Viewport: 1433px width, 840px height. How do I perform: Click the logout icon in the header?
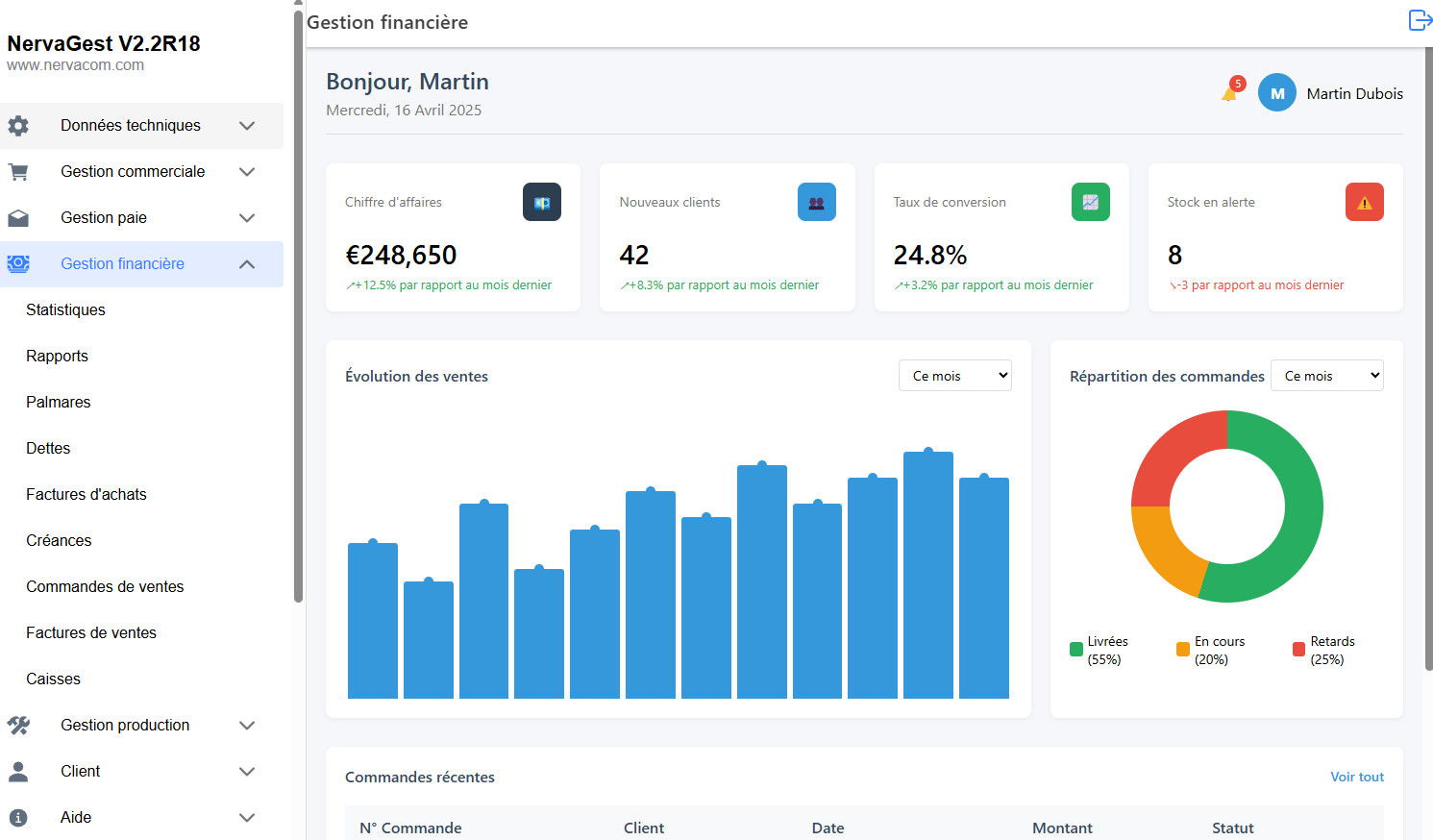pyautogui.click(x=1420, y=20)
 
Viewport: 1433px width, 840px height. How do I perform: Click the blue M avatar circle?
pyautogui.click(x=1276, y=93)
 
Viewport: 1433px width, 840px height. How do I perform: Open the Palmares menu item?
pyautogui.click(x=59, y=402)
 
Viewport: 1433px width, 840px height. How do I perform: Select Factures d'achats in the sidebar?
pyautogui.click(x=86, y=494)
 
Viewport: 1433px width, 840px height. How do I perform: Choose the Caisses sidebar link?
pyautogui.click(x=54, y=679)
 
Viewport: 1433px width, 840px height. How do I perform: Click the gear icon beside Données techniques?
pyautogui.click(x=18, y=126)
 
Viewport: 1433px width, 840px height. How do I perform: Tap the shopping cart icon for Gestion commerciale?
pyautogui.click(x=18, y=172)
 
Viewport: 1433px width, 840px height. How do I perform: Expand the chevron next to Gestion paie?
pyautogui.click(x=247, y=218)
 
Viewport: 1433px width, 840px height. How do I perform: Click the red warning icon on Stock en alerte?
pyautogui.click(x=1364, y=202)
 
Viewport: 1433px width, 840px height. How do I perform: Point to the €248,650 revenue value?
pyautogui.click(x=401, y=255)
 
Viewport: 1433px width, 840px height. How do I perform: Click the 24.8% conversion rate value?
pyautogui.click(x=929, y=255)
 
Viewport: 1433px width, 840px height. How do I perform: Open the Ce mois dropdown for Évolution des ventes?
pyautogui.click(x=954, y=376)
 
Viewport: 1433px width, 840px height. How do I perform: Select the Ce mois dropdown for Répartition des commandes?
pyautogui.click(x=1326, y=376)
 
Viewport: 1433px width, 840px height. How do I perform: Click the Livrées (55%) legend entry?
pyautogui.click(x=1099, y=651)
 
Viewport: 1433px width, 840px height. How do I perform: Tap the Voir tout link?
pyautogui.click(x=1356, y=777)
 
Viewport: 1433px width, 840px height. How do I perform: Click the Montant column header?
pyautogui.click(x=1062, y=828)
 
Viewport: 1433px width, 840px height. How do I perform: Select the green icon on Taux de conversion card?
pyautogui.click(x=1090, y=202)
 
